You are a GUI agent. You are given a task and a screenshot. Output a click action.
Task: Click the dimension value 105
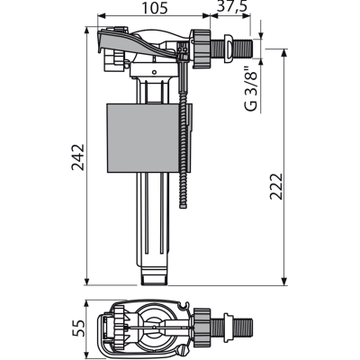[x=155, y=8]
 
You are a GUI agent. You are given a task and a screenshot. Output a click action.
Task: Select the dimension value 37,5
[x=232, y=7]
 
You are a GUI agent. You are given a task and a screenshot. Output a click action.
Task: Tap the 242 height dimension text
[x=78, y=157]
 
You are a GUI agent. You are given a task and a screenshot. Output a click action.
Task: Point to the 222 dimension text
[x=276, y=186]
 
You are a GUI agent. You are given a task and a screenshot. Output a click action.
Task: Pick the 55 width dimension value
[x=78, y=328]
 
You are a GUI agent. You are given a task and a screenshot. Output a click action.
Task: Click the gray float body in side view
[x=147, y=138]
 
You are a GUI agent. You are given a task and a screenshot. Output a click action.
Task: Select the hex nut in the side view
[x=201, y=49]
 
